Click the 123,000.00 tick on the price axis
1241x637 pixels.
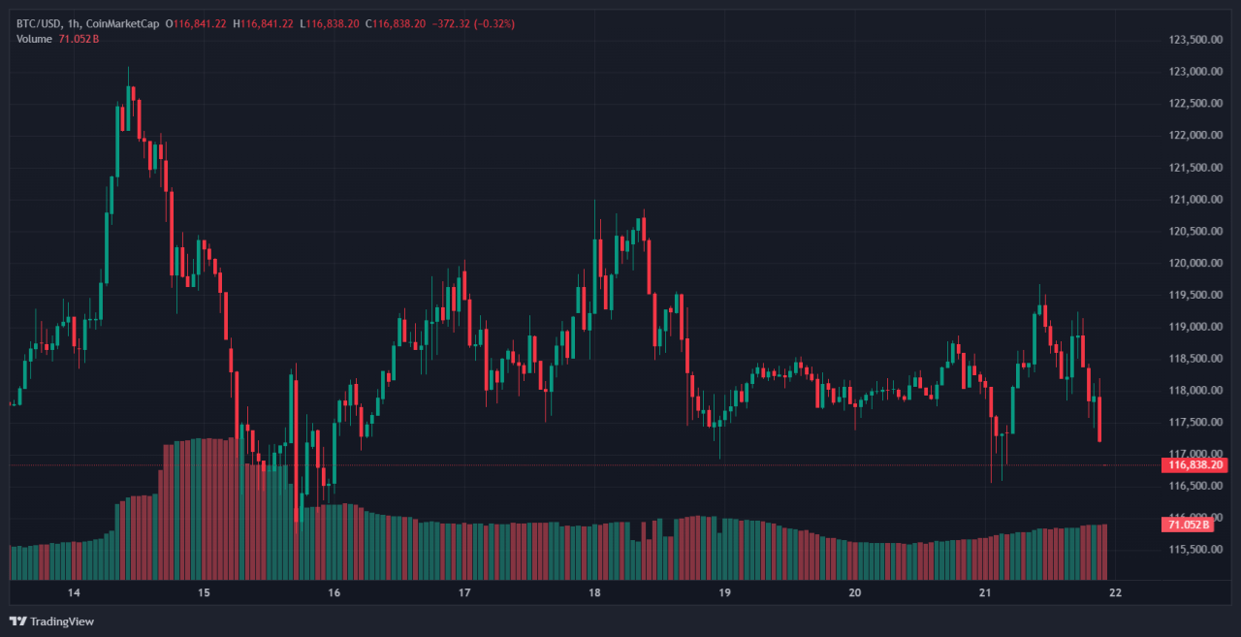point(1193,72)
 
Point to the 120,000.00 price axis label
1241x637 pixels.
point(1193,263)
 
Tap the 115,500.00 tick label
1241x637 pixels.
point(1193,550)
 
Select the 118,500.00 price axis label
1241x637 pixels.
point(1193,359)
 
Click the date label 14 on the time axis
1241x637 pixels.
point(73,592)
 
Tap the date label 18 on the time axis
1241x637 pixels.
point(594,592)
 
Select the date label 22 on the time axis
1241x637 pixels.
point(1115,592)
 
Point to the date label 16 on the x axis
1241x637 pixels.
point(334,592)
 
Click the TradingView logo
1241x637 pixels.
point(52,621)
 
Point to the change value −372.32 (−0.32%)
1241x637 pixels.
point(473,23)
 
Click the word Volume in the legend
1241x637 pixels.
point(34,38)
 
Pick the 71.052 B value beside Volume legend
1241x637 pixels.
point(81,38)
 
